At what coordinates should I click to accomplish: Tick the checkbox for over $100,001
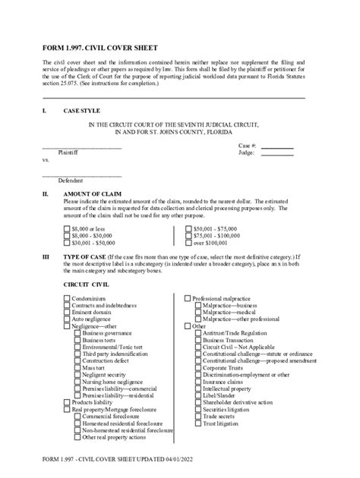189,243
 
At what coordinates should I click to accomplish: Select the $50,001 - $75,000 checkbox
189,228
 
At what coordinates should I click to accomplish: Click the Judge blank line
278,154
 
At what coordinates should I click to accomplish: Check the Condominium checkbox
67,299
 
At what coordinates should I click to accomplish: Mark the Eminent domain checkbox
67,313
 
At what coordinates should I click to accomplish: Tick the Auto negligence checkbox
67,319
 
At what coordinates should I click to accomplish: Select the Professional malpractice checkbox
188,299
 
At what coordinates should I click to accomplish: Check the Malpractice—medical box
198,313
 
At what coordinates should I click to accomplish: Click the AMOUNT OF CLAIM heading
96,194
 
